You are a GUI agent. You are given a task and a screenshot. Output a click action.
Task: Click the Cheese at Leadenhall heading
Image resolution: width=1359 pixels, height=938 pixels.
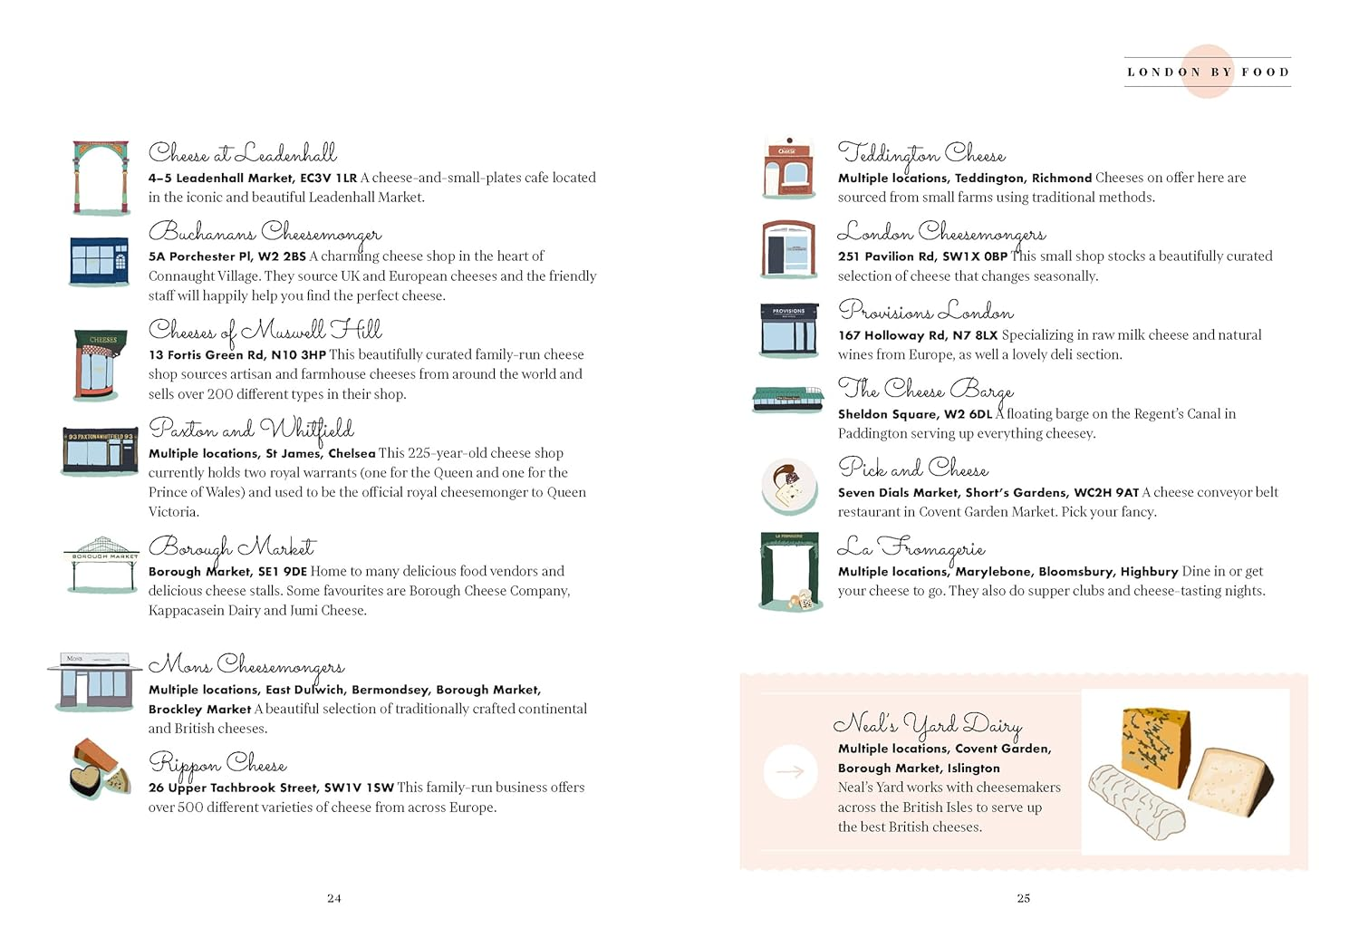click(x=242, y=153)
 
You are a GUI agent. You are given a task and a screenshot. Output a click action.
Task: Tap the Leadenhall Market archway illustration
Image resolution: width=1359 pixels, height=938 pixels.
click(x=101, y=177)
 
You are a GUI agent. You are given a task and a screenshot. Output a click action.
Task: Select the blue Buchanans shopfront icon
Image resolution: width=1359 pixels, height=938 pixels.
click(x=100, y=261)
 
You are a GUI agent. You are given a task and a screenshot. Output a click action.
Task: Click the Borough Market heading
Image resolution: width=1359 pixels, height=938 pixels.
click(x=232, y=546)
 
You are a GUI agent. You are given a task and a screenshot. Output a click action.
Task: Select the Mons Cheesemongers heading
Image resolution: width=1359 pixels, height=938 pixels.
click(x=246, y=665)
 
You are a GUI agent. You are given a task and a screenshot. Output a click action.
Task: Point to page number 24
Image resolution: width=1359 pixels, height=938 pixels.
click(x=334, y=898)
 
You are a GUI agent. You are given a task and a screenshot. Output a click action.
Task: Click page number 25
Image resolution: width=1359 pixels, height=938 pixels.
click(x=1024, y=898)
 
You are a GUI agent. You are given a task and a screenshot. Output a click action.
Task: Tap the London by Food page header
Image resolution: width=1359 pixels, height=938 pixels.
click(x=1208, y=72)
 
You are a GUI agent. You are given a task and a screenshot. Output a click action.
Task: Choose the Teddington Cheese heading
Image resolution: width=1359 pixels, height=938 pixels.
click(x=921, y=153)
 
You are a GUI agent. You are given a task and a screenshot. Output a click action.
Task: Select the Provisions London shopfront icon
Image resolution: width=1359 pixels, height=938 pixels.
click(x=789, y=331)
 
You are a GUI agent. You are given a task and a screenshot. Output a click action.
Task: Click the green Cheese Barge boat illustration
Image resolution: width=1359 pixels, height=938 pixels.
click(x=787, y=397)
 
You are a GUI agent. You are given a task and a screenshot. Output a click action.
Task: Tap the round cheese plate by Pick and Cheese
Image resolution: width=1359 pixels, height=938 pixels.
click(x=789, y=488)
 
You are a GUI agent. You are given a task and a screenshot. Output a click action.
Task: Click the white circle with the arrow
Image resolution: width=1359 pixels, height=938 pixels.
click(x=790, y=771)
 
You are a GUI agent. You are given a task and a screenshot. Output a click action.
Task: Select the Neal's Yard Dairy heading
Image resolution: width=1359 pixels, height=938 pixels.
click(x=928, y=724)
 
